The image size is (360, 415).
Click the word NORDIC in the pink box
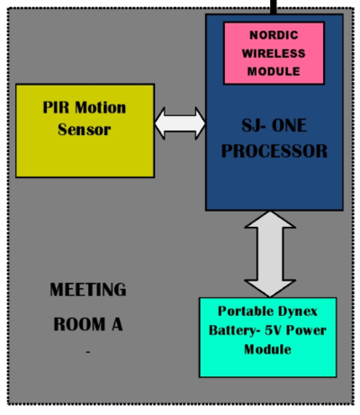[274, 35]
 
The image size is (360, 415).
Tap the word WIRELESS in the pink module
[274, 53]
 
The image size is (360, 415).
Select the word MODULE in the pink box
[274, 71]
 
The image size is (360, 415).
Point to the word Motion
[100, 107]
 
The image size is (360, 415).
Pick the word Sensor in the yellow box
[85, 130]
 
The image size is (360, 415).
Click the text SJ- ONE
[274, 125]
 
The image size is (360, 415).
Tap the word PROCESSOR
[274, 151]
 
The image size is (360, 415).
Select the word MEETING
[88, 290]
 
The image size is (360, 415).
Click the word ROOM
[79, 324]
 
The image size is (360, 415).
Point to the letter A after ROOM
[117, 324]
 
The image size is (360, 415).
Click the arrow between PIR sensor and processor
[180, 123]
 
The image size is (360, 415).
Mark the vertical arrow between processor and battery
[270, 254]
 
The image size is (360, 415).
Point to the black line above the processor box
[274, 7]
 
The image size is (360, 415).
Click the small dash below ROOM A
[88, 351]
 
